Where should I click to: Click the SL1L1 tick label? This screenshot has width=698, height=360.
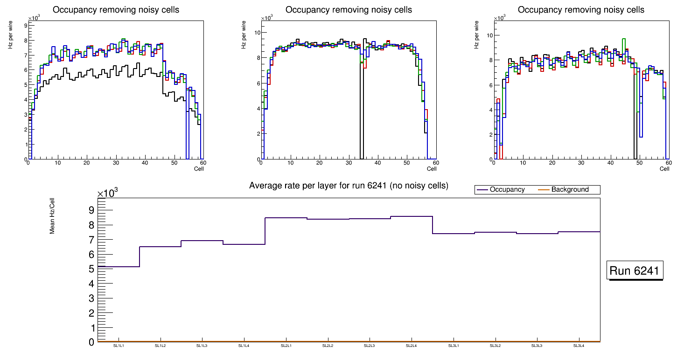[x=119, y=346]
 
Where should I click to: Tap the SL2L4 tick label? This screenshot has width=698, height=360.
[x=412, y=346]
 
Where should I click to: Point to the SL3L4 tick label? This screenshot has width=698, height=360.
[x=579, y=346]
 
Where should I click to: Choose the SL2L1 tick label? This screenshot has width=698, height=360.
[x=286, y=346]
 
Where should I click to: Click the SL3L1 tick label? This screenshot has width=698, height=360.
[x=454, y=346]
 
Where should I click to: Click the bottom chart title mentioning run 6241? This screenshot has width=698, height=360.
[x=349, y=186]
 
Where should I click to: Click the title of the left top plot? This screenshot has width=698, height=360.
[x=116, y=10]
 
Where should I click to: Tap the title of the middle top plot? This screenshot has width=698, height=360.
[x=349, y=10]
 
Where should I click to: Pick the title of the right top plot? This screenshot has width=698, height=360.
[x=581, y=10]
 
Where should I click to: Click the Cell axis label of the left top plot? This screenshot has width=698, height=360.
[x=199, y=169]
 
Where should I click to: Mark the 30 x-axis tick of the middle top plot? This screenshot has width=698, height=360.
[x=348, y=163]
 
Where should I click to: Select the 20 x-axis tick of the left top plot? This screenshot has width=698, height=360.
[x=86, y=163]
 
